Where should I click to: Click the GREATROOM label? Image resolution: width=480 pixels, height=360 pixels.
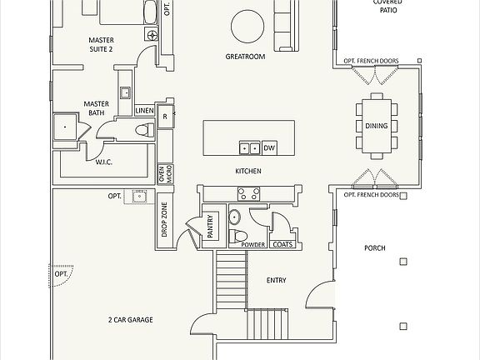[245, 57]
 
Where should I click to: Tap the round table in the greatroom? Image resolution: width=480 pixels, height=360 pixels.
[247, 25]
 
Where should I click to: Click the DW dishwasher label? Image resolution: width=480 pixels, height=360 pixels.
[269, 148]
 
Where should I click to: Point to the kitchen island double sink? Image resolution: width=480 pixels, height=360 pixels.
[249, 148]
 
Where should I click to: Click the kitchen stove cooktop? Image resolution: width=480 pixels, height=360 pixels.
[248, 193]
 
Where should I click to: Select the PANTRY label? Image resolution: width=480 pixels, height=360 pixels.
[210, 227]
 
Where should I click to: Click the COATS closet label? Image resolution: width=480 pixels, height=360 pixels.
[282, 244]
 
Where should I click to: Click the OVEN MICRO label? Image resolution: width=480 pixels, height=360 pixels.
[165, 173]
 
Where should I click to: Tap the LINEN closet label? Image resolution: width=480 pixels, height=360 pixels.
[144, 110]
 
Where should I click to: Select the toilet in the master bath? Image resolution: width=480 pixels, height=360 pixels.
[143, 128]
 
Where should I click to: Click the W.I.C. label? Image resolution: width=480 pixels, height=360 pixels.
[105, 162]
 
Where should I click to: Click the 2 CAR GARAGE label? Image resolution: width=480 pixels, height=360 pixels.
[131, 319]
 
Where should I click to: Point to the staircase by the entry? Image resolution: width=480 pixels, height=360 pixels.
[232, 282]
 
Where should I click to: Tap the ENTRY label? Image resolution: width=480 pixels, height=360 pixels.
[276, 280]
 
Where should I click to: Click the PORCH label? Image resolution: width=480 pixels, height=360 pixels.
[375, 248]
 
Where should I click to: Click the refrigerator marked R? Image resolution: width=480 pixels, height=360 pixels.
[166, 116]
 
